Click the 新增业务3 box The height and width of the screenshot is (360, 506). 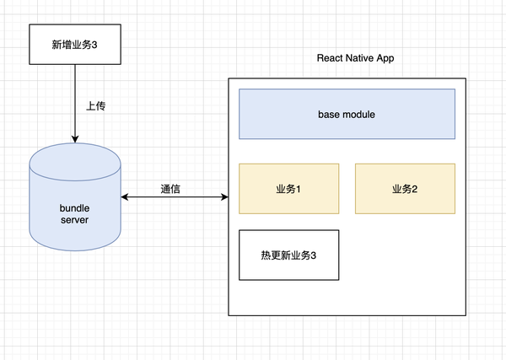click(75, 45)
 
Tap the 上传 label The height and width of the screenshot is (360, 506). click(96, 107)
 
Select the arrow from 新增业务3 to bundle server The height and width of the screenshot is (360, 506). click(75, 101)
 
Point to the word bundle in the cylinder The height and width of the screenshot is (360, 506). click(74, 207)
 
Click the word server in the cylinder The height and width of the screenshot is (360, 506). click(74, 220)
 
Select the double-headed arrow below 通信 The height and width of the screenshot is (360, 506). click(175, 197)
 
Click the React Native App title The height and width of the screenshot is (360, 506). click(355, 58)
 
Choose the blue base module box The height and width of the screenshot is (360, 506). click(347, 114)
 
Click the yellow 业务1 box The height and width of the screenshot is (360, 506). click(289, 188)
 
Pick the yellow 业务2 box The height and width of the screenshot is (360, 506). click(405, 188)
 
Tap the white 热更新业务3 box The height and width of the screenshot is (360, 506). click(289, 254)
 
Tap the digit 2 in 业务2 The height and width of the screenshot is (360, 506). click(415, 188)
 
